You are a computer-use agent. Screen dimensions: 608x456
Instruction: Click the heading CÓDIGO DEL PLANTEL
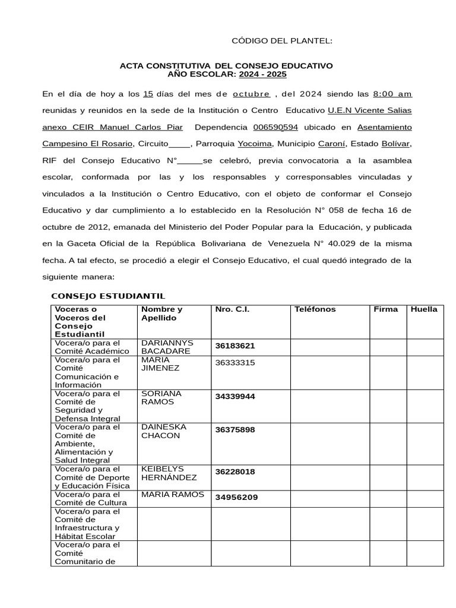[x=281, y=40]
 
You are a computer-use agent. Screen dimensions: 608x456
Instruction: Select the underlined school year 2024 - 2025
[x=262, y=74]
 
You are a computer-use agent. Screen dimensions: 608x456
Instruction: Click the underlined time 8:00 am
[x=392, y=94]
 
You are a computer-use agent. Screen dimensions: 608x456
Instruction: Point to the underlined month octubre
[x=251, y=94]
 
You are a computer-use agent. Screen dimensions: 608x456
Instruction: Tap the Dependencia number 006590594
[x=275, y=127]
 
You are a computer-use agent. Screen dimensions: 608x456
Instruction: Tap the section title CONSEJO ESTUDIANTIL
[x=108, y=296]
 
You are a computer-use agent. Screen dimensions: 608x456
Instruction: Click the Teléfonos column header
[x=315, y=309]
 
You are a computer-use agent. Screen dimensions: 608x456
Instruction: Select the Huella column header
[x=424, y=309]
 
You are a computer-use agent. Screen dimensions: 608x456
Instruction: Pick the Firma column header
[x=385, y=309]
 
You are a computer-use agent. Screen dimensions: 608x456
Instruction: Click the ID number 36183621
[x=235, y=346]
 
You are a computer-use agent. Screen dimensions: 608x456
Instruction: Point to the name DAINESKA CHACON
[x=163, y=431]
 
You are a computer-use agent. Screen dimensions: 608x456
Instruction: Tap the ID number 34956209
[x=236, y=498]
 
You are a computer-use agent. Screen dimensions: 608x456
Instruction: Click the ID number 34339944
[x=235, y=397]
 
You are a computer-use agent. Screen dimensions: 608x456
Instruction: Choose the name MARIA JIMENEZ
[x=160, y=363]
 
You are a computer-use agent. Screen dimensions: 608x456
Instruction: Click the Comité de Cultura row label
[x=87, y=499]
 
